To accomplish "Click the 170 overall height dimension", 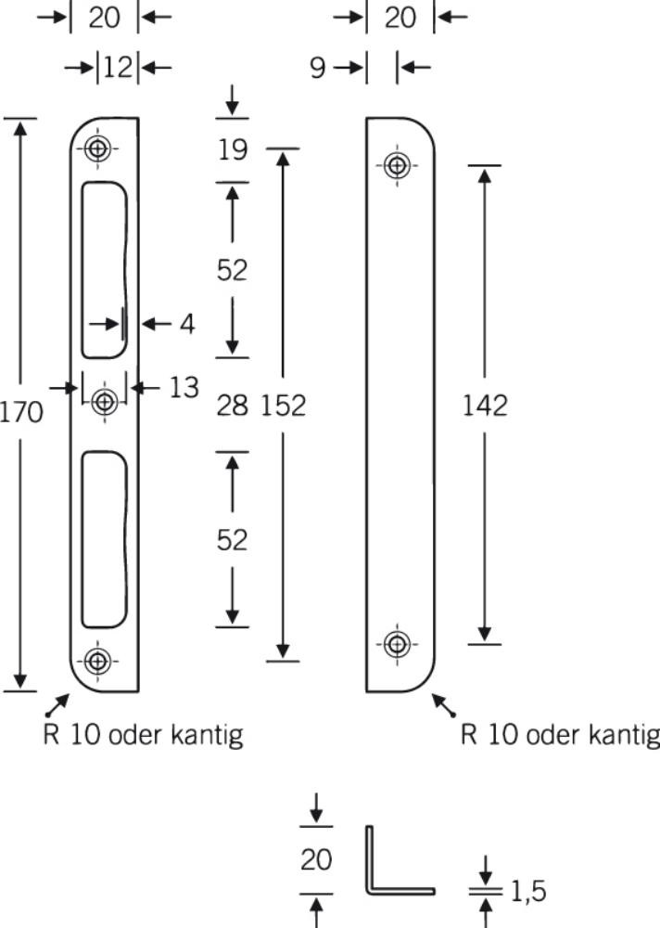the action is [x=21, y=412].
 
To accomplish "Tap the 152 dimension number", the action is [x=284, y=406].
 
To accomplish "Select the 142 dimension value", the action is [x=485, y=406].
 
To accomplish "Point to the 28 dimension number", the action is [x=232, y=406].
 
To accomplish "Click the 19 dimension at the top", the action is [x=233, y=149].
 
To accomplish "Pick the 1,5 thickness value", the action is [x=528, y=891].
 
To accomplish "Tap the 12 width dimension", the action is [x=118, y=68].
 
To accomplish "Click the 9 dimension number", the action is [x=318, y=68].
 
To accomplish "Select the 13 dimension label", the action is [x=184, y=388].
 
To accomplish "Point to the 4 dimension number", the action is [x=187, y=324].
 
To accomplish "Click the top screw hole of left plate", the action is [x=97, y=148].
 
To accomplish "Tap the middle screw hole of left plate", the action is [x=105, y=402].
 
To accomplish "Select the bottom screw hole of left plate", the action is [x=97, y=661].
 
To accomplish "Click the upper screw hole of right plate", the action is [x=397, y=165].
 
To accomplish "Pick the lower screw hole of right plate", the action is [x=397, y=644].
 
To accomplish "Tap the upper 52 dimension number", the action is [x=232, y=270].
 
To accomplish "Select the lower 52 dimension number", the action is [x=232, y=540].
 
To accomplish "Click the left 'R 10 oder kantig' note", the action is [x=143, y=735].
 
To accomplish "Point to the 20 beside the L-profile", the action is [x=316, y=859].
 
